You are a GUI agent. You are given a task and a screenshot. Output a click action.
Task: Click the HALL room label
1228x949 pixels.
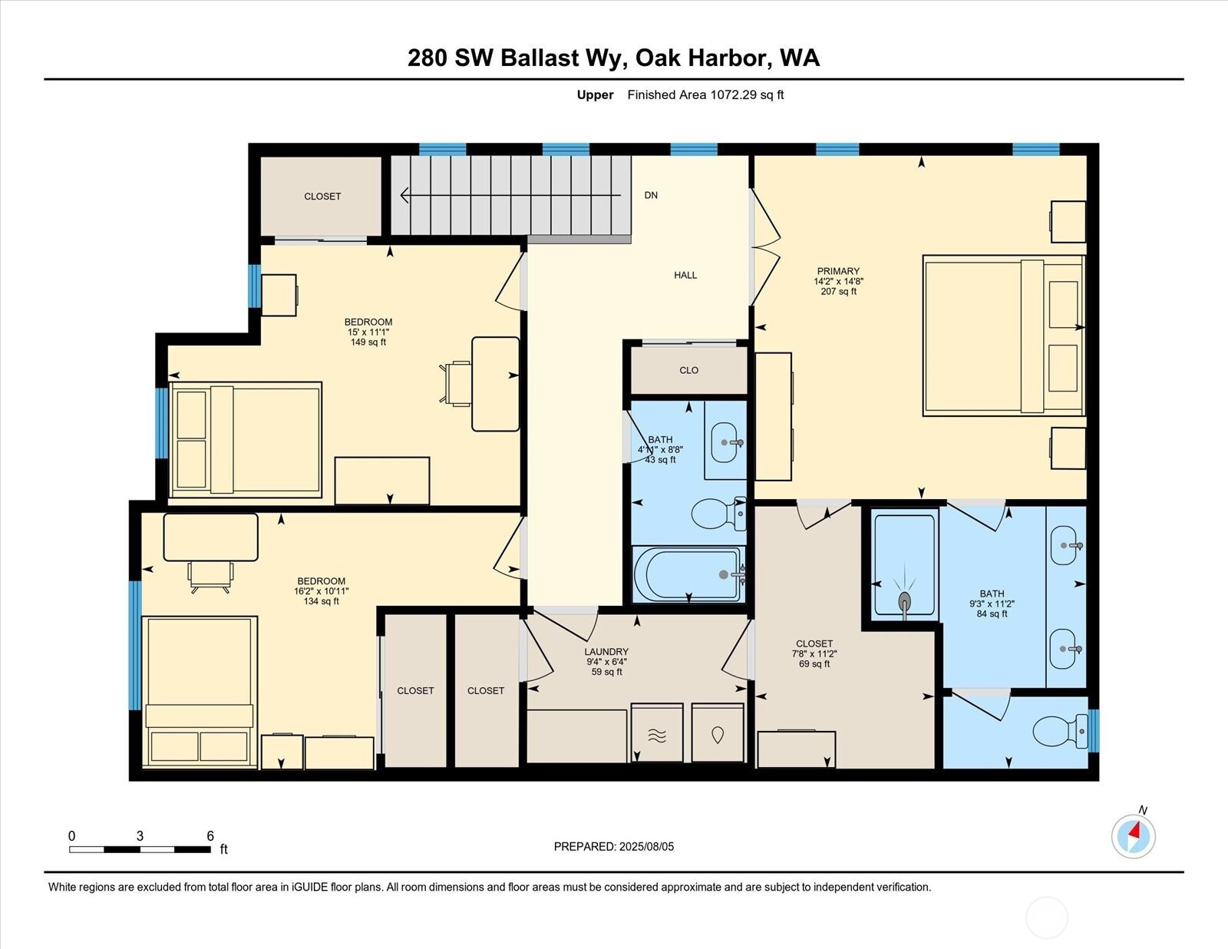tap(685, 276)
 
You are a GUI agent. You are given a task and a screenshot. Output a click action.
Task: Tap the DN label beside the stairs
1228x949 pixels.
tap(651, 195)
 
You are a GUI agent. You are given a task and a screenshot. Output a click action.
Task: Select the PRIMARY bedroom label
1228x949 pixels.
tap(838, 271)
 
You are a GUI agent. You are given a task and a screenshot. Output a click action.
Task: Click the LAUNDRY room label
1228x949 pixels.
tap(606, 652)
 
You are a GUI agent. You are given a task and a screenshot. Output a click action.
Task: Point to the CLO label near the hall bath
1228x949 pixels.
tap(689, 370)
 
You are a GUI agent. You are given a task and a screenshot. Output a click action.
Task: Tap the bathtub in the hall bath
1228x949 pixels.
tap(688, 574)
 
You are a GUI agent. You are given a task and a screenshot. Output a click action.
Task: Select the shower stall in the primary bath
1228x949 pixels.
tap(904, 564)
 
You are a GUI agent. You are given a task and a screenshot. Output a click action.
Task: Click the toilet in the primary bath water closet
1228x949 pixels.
tap(1060, 732)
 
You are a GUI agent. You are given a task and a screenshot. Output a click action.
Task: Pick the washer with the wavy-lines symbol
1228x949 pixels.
tap(657, 732)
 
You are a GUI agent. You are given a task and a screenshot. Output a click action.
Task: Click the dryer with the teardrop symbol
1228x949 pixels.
tap(718, 732)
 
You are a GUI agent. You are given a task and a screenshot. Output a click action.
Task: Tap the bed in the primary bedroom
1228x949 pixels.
tap(1004, 336)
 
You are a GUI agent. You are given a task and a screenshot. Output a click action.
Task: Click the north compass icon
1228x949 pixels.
tap(1133, 836)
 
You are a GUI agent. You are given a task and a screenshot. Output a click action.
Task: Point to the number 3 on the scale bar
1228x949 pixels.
tap(140, 835)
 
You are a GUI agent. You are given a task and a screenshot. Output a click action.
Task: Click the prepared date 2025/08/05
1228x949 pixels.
tap(646, 846)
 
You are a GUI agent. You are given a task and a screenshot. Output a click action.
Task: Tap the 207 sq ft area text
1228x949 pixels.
tap(839, 292)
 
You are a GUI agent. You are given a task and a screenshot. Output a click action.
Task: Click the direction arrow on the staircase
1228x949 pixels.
tap(511, 196)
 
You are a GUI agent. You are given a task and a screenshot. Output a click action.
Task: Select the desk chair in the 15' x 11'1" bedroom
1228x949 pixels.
tap(456, 383)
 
